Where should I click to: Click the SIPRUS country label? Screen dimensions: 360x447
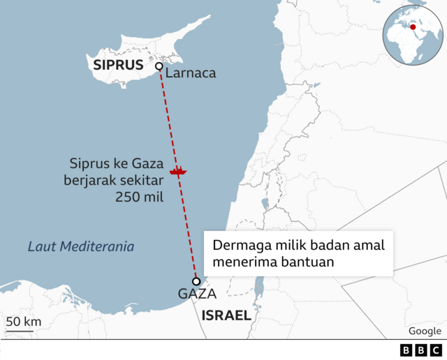[118, 66]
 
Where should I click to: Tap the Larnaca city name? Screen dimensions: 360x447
[191, 73]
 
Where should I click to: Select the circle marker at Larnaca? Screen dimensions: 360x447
[159, 66]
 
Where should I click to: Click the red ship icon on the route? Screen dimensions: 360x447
[178, 170]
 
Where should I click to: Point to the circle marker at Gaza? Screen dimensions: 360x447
[196, 281]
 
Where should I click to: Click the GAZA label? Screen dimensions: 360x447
[197, 294]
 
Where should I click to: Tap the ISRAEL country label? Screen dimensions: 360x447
[226, 315]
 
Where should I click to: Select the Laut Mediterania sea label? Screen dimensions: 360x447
[81, 247]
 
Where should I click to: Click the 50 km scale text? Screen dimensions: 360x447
[24, 322]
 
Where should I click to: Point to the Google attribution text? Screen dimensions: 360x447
[425, 331]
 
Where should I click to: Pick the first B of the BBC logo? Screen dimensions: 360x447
[406, 350]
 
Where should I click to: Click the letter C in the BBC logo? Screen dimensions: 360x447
[435, 350]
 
